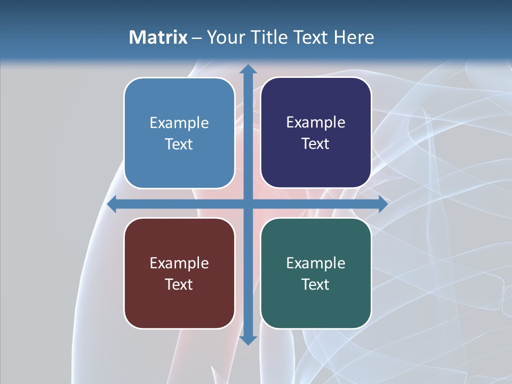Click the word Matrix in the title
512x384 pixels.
pos(158,37)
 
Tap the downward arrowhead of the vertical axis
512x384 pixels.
pos(248,340)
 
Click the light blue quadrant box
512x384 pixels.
pos(179,133)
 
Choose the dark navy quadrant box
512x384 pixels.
pos(316,133)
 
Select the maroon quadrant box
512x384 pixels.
pos(179,273)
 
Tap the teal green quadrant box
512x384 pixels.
pos(316,273)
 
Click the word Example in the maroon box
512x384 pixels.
pos(179,263)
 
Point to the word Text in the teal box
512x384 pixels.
pos(316,284)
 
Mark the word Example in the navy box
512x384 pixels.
pos(316,122)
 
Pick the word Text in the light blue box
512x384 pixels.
pos(179,144)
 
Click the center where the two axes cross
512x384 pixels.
pos(248,204)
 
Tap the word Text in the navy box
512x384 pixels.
pos(316,143)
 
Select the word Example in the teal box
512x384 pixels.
pos(316,263)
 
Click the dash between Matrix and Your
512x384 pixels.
pos(197,38)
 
